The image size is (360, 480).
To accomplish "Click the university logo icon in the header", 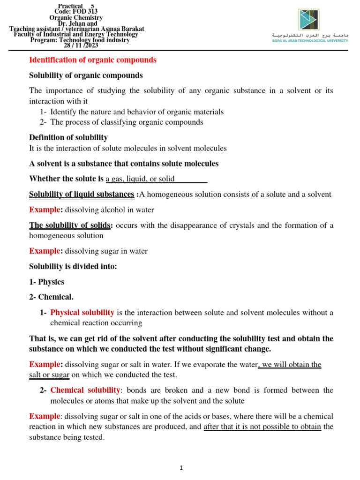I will coord(309,20).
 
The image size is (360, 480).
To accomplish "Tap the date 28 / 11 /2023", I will coord(81,45).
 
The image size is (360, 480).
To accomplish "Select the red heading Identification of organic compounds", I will coord(93,60).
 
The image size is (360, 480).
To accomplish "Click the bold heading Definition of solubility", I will coord(68,137).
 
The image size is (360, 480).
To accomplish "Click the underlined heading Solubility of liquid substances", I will coord(82,194).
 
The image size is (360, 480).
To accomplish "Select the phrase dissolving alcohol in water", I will coord(109,210).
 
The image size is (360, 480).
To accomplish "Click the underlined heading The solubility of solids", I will coord(70,225).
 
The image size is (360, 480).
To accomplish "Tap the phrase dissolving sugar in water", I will coord(106,251).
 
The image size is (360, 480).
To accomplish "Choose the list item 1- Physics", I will coord(47,282).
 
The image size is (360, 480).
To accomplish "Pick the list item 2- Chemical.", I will coord(51,297).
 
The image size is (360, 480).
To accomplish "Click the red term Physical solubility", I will coord(82,312).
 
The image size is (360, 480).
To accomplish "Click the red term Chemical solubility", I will coord(85,390).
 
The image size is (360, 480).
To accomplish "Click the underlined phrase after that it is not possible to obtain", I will coord(262,427).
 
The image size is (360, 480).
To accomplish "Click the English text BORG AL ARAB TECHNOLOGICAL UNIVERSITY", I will coord(310,41).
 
